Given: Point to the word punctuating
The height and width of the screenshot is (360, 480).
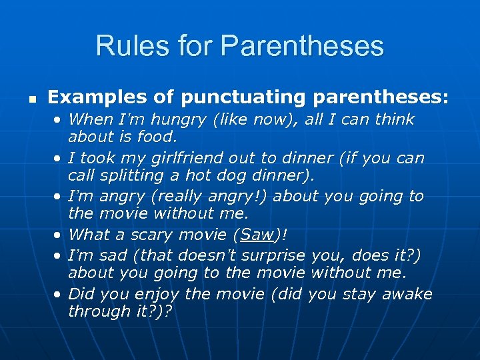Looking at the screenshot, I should [x=237, y=98].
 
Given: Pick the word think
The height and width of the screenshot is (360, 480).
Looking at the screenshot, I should [x=395, y=120].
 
